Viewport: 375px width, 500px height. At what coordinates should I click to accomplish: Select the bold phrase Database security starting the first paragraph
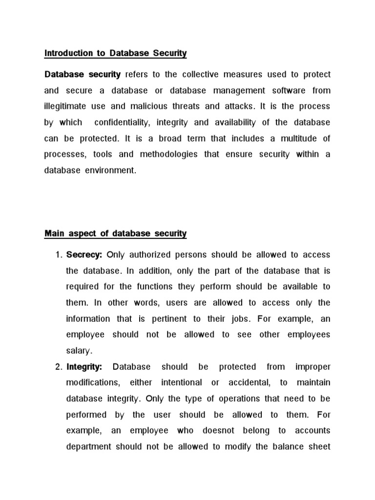[x=83, y=75]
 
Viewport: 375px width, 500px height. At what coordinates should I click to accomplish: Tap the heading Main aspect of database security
[x=116, y=234]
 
